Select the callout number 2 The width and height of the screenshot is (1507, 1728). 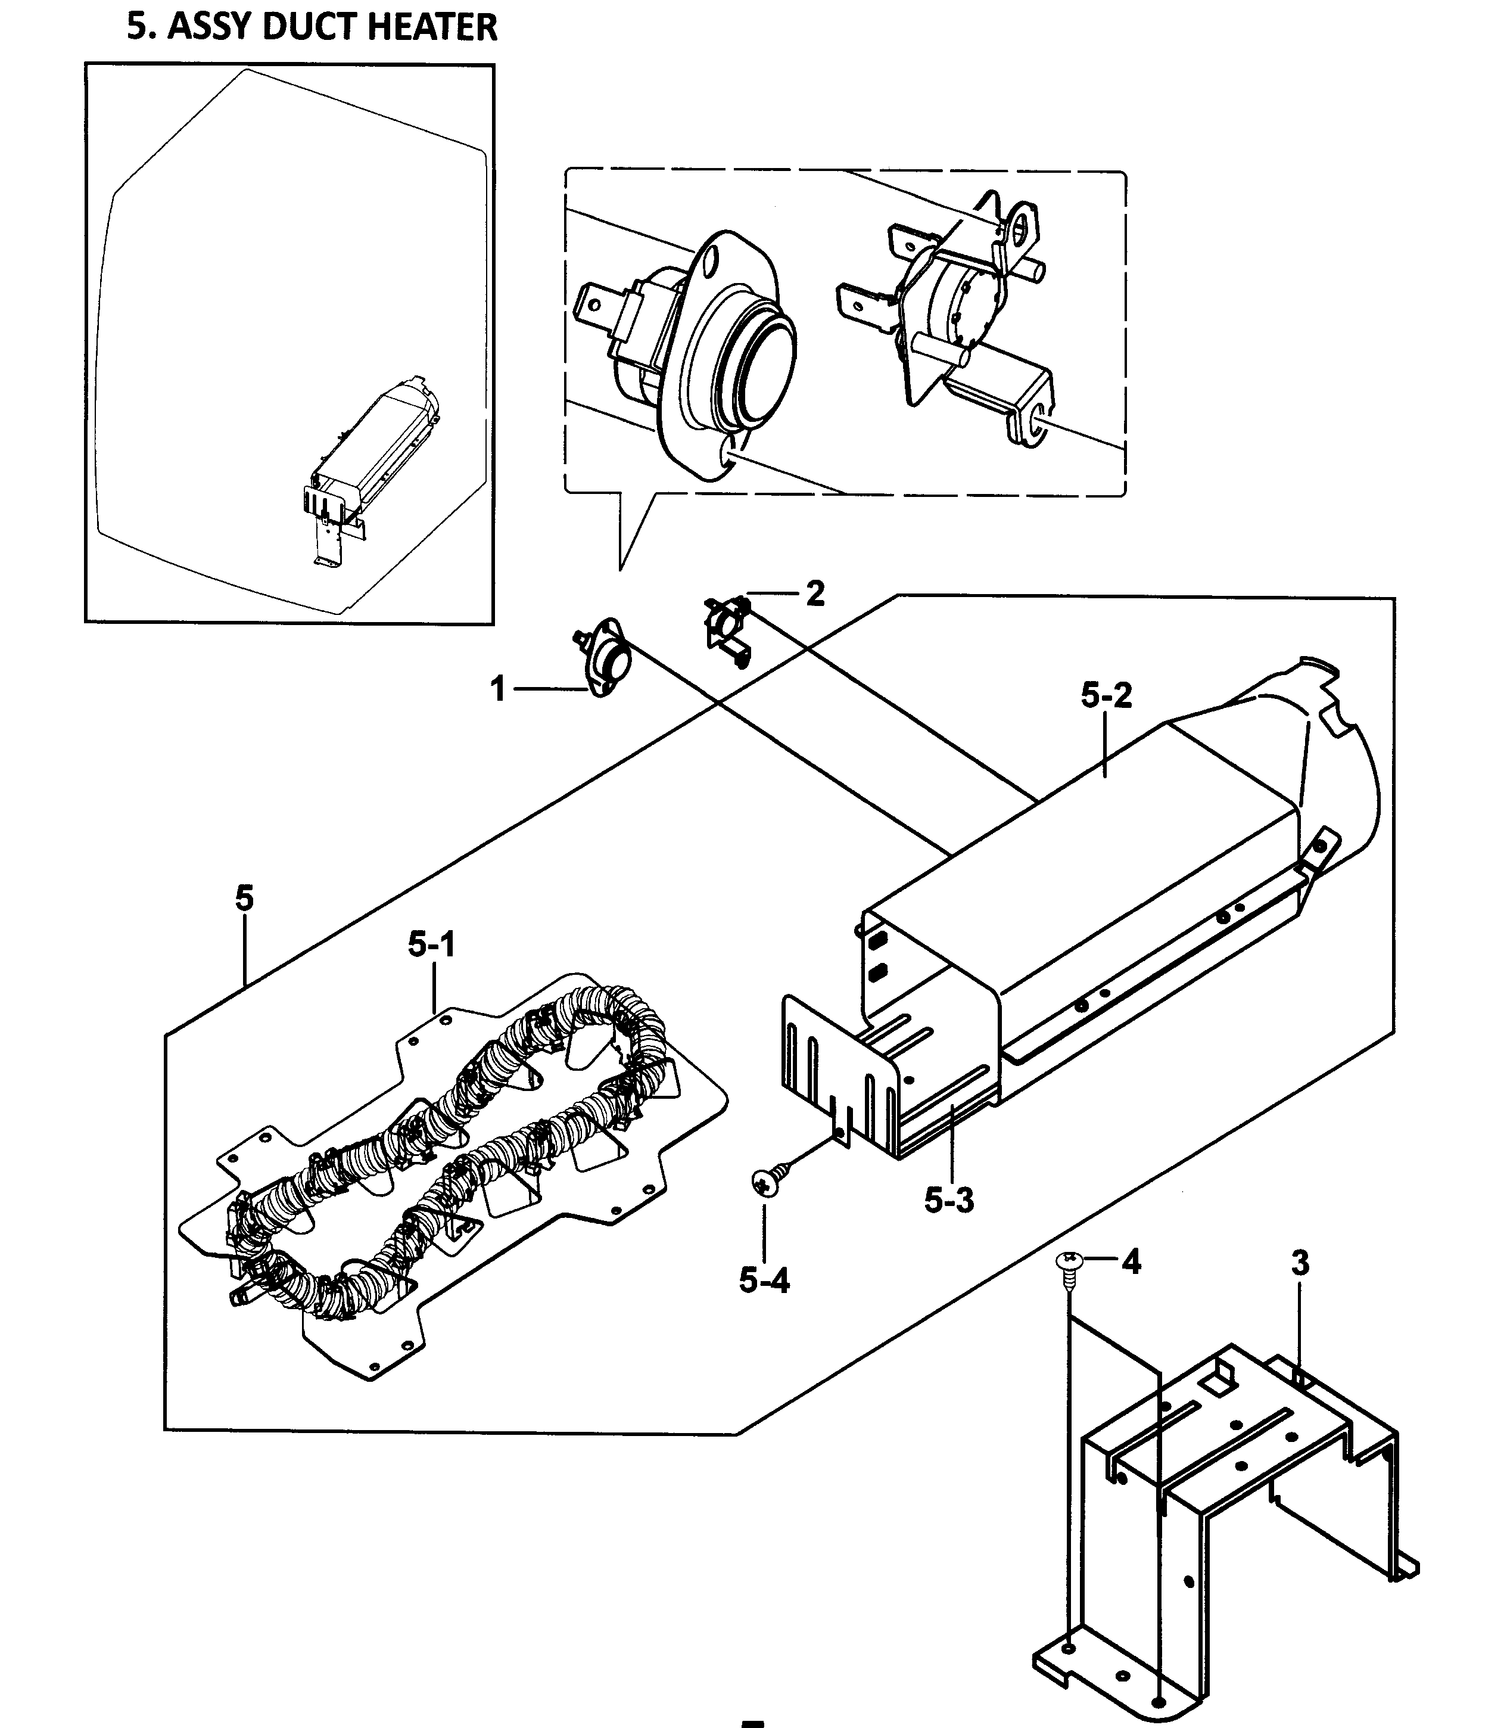click(815, 594)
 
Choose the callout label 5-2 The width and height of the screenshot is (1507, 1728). click(1106, 695)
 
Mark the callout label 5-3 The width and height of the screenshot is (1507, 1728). click(949, 1201)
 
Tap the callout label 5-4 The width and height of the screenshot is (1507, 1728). click(764, 1281)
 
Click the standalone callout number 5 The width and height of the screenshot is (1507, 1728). click(244, 899)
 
